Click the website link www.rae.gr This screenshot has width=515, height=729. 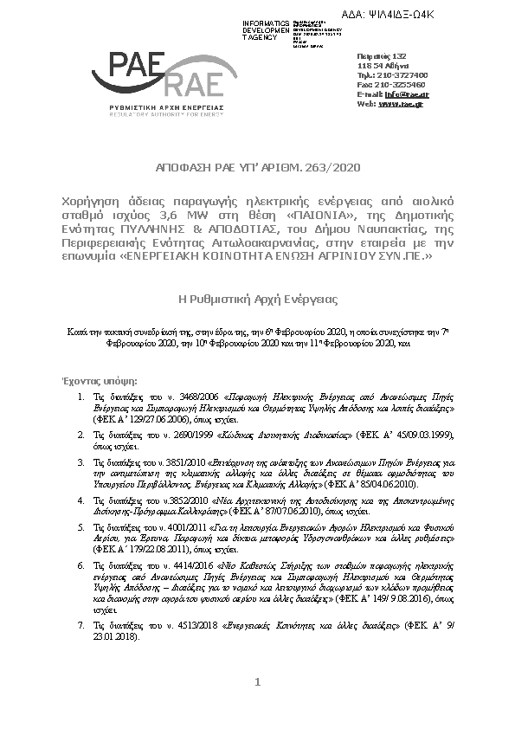(401, 104)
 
